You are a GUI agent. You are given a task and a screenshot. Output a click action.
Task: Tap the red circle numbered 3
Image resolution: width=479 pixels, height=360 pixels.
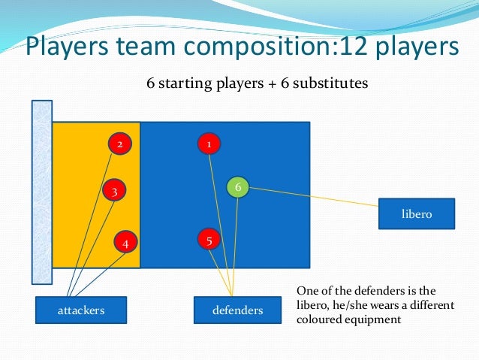(113, 192)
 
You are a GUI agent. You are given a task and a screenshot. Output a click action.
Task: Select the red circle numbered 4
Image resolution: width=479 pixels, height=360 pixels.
(125, 243)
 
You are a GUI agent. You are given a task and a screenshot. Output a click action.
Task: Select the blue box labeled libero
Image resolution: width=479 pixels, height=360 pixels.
(417, 214)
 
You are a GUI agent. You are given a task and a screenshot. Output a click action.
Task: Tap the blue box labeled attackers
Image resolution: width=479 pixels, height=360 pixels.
(81, 310)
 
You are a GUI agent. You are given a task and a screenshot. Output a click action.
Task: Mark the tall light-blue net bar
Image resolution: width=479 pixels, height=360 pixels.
(41, 192)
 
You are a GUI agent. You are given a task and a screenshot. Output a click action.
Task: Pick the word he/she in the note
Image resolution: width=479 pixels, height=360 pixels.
(360, 305)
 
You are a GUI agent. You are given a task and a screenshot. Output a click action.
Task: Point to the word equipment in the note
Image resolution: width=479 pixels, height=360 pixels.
(372, 319)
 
